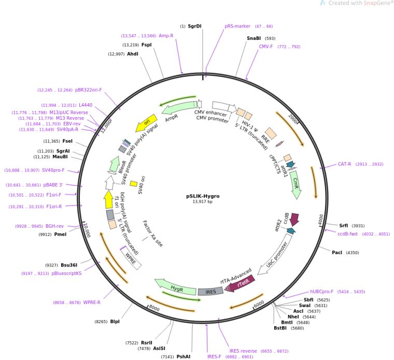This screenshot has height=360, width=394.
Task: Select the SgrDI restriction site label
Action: pyautogui.click(x=195, y=26)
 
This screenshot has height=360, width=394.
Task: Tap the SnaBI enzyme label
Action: pyautogui.click(x=254, y=38)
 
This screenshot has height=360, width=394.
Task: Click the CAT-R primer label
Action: pyautogui.click(x=345, y=164)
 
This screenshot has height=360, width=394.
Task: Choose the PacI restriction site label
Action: pyautogui.click(x=337, y=253)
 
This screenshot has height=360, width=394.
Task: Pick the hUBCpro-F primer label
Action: pyautogui.click(x=322, y=292)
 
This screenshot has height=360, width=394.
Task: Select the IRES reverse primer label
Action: pyautogui.click(x=244, y=351)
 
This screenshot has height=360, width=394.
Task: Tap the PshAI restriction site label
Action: pyautogui.click(x=184, y=357)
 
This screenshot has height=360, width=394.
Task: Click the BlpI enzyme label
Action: pyautogui.click(x=115, y=322)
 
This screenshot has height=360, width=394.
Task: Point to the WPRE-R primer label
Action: pyautogui.click(x=92, y=302)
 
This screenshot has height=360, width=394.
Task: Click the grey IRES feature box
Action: pyautogui.click(x=210, y=292)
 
